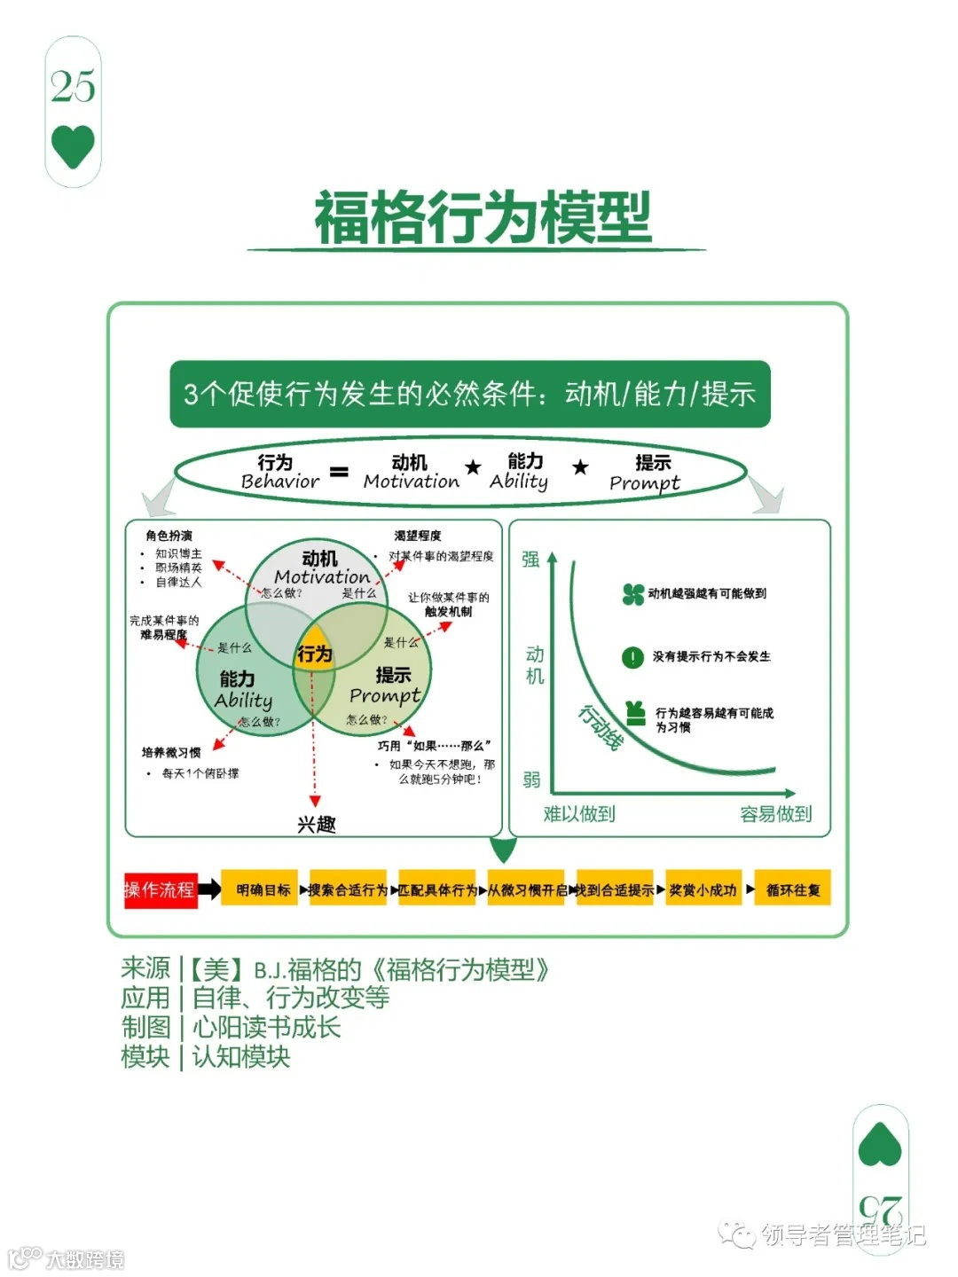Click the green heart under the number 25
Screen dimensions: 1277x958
(x=73, y=146)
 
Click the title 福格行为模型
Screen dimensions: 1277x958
(x=483, y=217)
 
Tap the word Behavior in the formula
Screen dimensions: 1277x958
(x=279, y=482)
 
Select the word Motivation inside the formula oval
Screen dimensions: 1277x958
(x=411, y=482)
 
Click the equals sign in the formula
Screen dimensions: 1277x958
(x=339, y=472)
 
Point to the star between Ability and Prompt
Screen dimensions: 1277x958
(x=580, y=467)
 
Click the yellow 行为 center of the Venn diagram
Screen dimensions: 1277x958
(x=314, y=654)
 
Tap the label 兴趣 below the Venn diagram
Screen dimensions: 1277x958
(x=316, y=824)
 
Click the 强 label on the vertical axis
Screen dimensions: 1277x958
(x=530, y=559)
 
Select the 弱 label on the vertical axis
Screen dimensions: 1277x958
(x=531, y=780)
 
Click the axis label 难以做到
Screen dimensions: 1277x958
(x=578, y=814)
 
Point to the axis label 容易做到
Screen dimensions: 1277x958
(x=775, y=814)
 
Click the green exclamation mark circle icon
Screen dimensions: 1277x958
(x=632, y=657)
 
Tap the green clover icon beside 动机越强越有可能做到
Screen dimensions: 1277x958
(x=633, y=594)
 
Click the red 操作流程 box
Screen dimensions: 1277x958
(x=160, y=889)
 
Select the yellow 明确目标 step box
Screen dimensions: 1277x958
(x=263, y=889)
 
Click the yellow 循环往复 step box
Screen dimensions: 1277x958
(x=792, y=889)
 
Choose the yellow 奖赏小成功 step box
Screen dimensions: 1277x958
(x=703, y=889)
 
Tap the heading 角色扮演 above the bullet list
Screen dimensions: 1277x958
(x=169, y=536)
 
